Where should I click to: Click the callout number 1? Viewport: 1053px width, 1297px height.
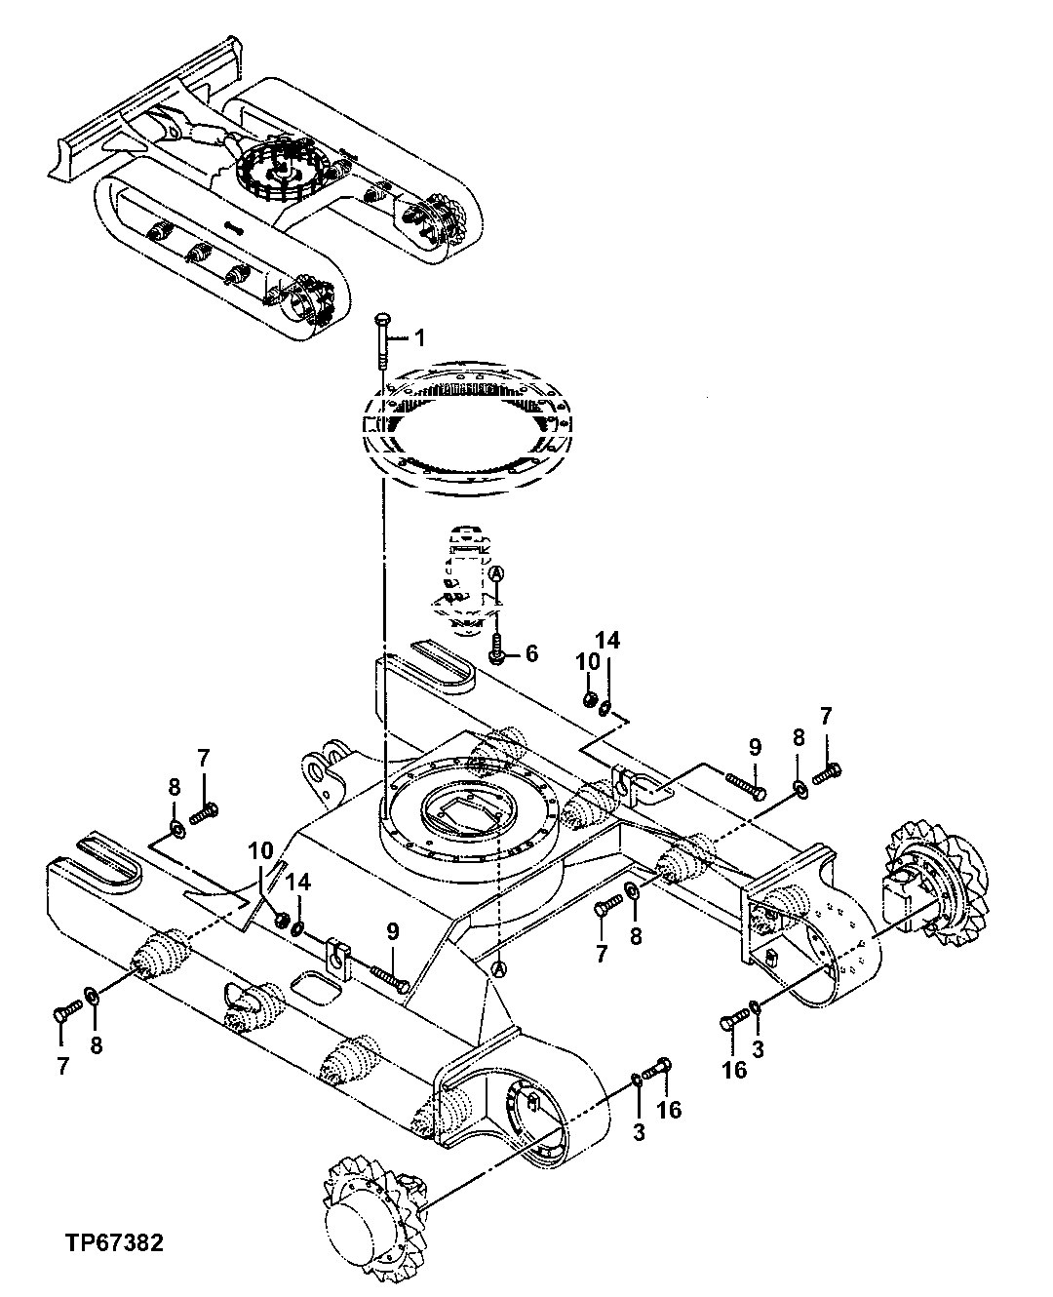tap(419, 337)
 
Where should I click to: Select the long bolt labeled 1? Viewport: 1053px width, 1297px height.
tap(381, 340)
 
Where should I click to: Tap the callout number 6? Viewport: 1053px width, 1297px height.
tap(531, 653)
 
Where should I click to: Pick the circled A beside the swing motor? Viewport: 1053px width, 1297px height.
tap(496, 572)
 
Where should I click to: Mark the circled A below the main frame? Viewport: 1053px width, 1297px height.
tap(498, 967)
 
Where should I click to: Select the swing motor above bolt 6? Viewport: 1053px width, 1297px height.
tap(466, 580)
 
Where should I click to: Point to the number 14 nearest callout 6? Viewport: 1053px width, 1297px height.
tap(607, 640)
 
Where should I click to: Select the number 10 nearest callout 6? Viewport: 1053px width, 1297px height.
tap(587, 660)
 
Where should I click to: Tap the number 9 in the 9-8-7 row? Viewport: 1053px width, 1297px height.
tap(755, 747)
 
